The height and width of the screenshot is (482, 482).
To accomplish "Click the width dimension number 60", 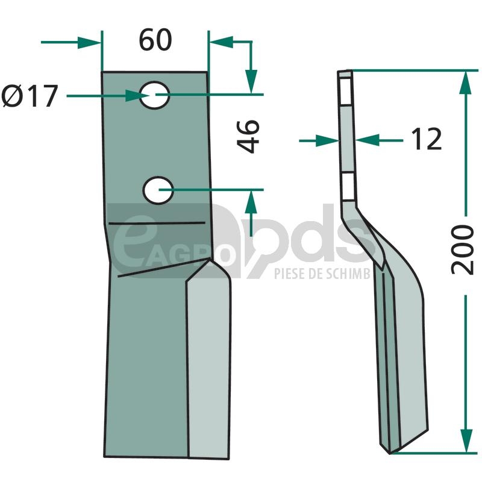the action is pos(155,40).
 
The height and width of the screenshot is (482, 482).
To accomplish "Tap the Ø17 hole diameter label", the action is pos(30,96).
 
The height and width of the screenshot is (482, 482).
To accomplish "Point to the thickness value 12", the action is pos(427,139).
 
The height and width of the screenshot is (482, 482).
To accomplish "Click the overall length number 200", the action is pos(462,249).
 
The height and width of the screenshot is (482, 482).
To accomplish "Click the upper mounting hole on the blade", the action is pos(155,95).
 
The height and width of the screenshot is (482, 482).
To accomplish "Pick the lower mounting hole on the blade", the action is pos(158,190).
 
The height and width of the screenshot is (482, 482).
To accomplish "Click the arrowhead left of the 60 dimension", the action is pos(89,42).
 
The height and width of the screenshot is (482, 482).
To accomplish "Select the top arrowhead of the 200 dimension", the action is pos(466,82).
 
